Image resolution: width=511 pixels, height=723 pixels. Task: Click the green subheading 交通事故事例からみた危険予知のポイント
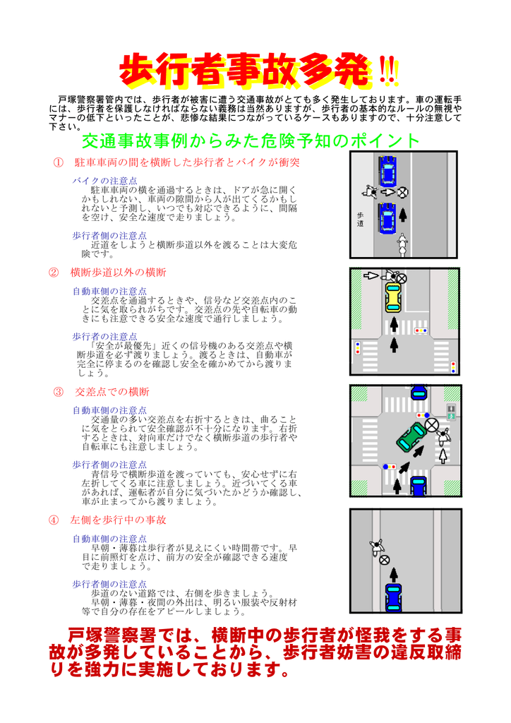tap(251, 141)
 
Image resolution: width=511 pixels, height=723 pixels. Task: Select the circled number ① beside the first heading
tap(58, 162)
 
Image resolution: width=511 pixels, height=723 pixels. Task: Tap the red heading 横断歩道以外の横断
tap(118, 273)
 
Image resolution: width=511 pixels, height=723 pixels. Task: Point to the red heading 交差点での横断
tap(112, 392)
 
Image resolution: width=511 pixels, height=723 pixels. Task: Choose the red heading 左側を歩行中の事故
tap(118, 520)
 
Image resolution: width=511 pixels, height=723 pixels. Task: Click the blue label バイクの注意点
tap(104, 181)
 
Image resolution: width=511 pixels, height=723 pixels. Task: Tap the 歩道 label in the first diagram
tap(361, 220)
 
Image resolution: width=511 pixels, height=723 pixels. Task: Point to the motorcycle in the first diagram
tap(403, 245)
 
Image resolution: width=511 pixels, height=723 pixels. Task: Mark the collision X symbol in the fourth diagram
tap(384, 560)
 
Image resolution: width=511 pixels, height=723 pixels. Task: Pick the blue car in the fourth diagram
tap(393, 597)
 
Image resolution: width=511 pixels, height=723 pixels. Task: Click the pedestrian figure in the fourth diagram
tap(377, 547)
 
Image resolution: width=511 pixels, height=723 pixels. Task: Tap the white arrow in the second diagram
tap(371, 276)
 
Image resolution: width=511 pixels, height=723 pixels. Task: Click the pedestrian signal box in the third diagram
tap(451, 412)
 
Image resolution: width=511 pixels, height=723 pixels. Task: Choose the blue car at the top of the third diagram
tap(419, 393)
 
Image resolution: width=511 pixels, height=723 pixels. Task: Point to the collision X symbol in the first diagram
tap(403, 192)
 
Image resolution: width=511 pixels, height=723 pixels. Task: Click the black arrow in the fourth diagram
tap(393, 575)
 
